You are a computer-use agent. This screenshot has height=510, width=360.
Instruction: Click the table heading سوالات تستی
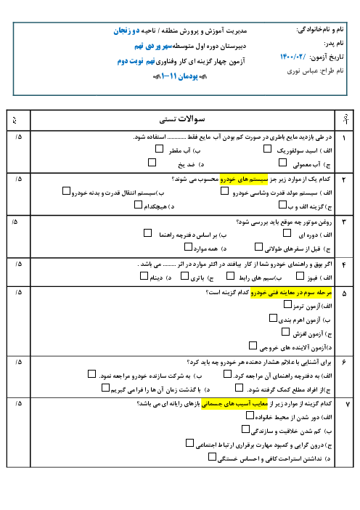[182, 119]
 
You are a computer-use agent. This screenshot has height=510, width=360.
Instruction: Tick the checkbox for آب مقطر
[159, 149]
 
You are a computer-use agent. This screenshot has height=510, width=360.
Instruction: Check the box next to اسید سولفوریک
[267, 149]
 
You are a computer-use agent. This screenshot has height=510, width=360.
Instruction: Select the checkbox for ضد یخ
[152, 162]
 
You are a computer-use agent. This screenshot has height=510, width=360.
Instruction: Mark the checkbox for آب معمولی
[282, 162]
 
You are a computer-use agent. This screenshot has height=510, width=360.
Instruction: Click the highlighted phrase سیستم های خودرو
[244, 179]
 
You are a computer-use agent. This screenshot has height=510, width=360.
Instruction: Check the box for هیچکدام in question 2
[138, 205]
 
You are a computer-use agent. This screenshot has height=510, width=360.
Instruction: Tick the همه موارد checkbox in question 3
[188, 247]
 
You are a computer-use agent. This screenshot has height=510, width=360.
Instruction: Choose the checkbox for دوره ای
[287, 233]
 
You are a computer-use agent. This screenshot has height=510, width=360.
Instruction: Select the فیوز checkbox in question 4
[300, 276]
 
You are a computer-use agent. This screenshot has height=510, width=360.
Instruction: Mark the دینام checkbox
[144, 276]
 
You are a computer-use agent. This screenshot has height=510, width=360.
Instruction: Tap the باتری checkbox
[184, 276]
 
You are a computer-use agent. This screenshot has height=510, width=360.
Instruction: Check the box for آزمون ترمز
[287, 304]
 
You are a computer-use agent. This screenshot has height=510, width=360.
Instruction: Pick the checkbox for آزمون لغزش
[285, 332]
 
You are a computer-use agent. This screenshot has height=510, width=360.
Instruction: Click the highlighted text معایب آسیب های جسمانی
[234, 404]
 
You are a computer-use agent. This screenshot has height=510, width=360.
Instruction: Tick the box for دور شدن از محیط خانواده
[250, 416]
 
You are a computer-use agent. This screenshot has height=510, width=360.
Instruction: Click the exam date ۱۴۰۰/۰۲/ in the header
[293, 57]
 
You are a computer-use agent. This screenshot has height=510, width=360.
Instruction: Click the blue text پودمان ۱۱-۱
[180, 76]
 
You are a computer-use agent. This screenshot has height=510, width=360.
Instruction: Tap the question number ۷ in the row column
[348, 404]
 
